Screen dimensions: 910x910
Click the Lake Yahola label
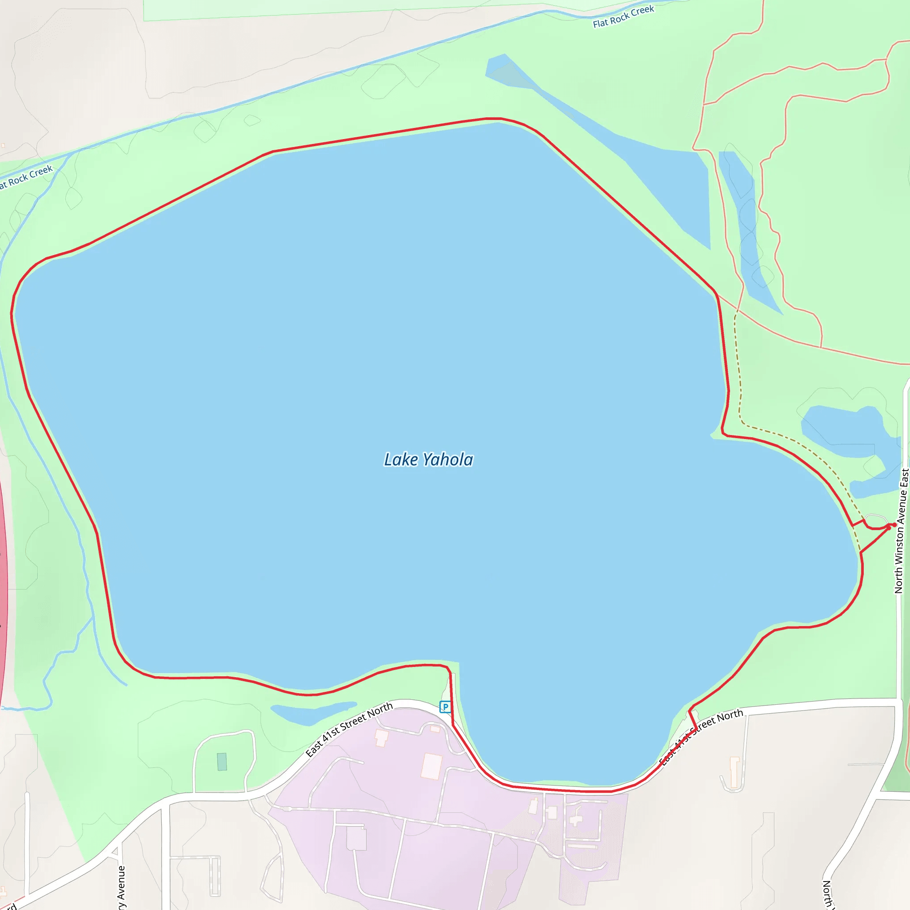pyautogui.click(x=428, y=459)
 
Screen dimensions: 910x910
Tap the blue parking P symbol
pyautogui.click(x=445, y=706)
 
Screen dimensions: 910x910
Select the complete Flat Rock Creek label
pyautogui.click(x=623, y=16)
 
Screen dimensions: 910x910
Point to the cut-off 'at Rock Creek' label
pyautogui.click(x=26, y=177)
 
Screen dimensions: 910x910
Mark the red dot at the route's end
pyautogui.click(x=894, y=525)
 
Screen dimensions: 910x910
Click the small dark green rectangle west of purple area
pyautogui.click(x=222, y=762)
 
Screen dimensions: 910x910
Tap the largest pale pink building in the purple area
pyautogui.click(x=431, y=766)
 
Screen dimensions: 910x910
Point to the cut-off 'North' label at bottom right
pyautogui.click(x=827, y=893)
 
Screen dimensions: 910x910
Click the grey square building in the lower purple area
pyautogui.click(x=356, y=839)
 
